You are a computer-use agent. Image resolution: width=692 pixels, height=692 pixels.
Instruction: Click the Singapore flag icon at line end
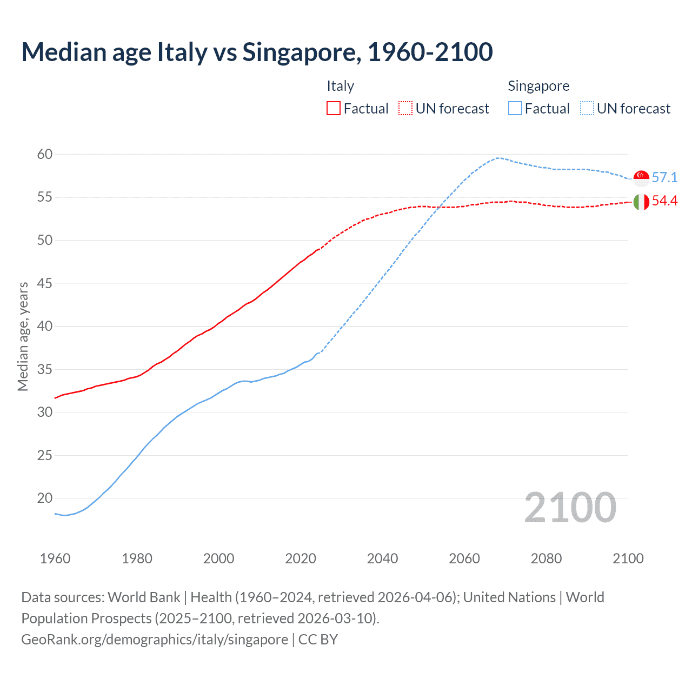(x=641, y=178)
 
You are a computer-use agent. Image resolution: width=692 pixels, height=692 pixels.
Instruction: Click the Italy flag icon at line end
(x=641, y=202)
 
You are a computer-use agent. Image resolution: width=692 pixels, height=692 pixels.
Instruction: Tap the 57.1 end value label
(x=664, y=178)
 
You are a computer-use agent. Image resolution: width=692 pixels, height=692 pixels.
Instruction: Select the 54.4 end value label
(x=664, y=201)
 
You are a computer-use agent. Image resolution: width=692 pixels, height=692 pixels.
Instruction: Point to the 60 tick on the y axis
(x=45, y=155)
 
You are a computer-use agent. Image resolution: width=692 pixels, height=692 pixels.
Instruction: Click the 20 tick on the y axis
(x=45, y=498)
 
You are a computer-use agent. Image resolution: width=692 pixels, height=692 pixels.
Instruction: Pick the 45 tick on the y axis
(x=45, y=283)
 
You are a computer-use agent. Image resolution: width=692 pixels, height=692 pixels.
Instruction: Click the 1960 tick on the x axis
(x=55, y=558)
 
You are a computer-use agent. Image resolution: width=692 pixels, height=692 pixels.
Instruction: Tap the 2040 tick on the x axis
(x=382, y=558)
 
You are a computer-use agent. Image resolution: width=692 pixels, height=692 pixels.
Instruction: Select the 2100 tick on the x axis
(x=628, y=558)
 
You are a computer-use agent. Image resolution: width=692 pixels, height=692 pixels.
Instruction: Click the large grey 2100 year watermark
(x=570, y=508)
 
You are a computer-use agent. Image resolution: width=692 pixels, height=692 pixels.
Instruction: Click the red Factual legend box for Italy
(x=334, y=109)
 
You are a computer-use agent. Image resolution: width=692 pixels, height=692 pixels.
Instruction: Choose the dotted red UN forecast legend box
(x=405, y=109)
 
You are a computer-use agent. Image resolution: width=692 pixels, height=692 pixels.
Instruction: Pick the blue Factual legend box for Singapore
(x=515, y=109)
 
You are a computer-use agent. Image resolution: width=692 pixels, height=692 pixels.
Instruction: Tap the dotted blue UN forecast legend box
(x=587, y=109)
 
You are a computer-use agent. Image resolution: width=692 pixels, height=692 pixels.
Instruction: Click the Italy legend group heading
(x=340, y=86)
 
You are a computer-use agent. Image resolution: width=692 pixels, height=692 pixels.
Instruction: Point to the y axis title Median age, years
(x=23, y=336)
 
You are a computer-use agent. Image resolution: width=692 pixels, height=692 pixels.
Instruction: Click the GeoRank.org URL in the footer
(x=155, y=640)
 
